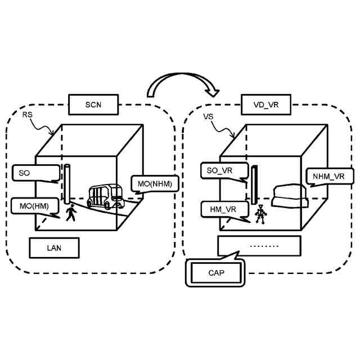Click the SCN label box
point(93,104)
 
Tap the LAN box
point(55,247)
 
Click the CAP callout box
point(216,273)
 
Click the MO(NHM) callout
point(155,184)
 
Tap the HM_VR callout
point(223,209)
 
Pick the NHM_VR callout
point(329,176)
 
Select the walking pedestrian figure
point(71,213)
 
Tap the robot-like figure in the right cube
point(260,214)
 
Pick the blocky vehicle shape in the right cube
point(289,195)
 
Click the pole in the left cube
point(67,184)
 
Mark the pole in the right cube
point(254,185)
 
